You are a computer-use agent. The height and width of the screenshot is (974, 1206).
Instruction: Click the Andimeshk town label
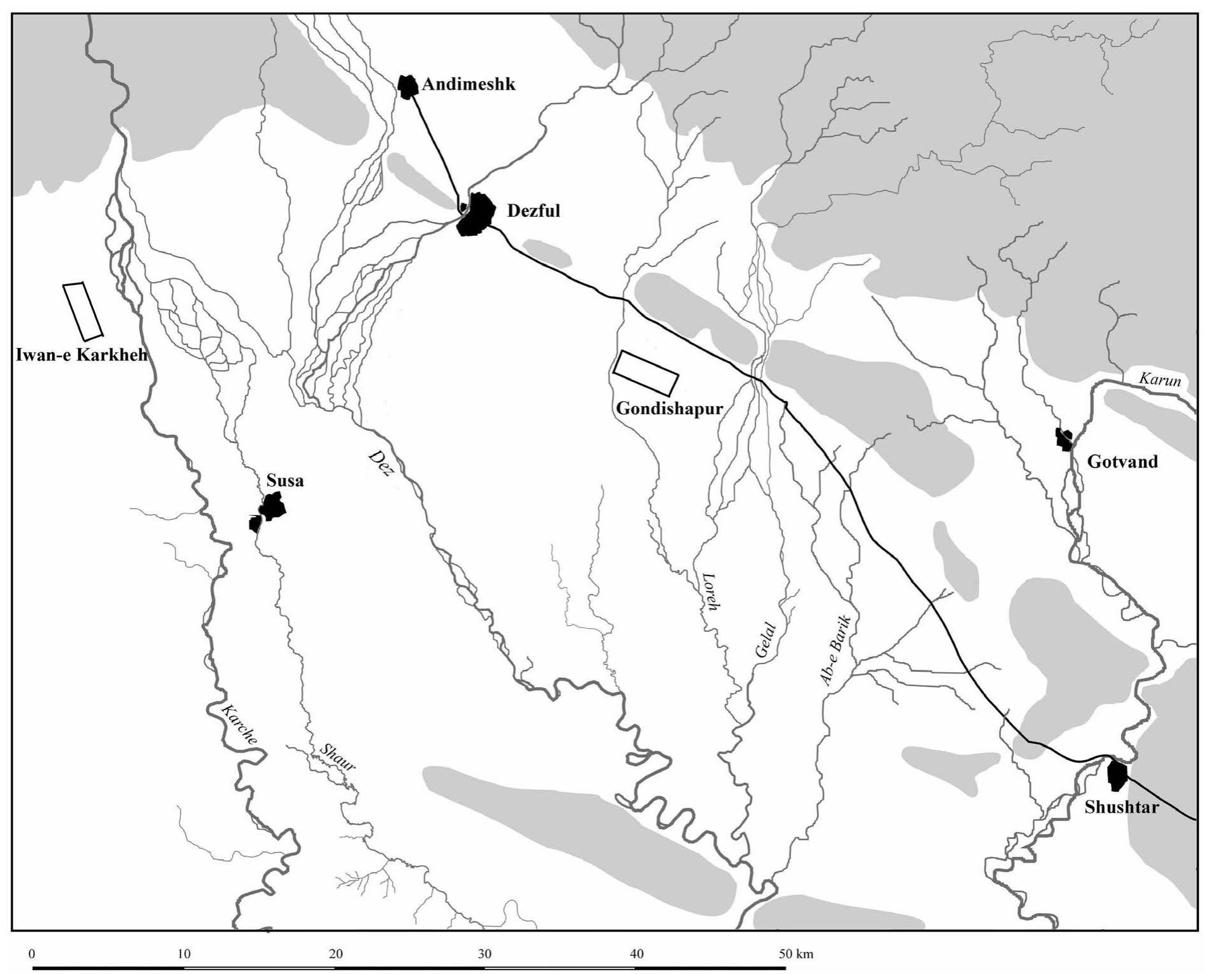point(468,84)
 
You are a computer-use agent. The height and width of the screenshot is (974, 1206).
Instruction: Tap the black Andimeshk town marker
point(407,87)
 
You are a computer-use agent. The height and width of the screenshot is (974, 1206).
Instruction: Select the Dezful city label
point(533,211)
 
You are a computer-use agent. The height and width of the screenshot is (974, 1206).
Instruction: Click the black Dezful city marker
point(477,214)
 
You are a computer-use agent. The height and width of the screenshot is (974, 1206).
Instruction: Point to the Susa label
point(285,481)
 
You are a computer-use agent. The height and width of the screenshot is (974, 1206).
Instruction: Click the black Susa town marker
point(272,508)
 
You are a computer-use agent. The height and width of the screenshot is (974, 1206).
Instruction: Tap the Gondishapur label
point(669,409)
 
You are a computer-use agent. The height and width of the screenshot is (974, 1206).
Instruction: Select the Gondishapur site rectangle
point(646,373)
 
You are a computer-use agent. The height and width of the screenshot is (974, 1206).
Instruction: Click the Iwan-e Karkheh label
point(81,354)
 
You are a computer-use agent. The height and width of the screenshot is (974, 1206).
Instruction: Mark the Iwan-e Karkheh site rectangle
point(83,311)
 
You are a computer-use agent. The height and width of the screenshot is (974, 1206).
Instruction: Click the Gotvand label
point(1122,462)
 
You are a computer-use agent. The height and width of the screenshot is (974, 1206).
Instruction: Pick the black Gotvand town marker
point(1064,439)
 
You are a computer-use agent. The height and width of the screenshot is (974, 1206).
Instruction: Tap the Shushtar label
point(1121,807)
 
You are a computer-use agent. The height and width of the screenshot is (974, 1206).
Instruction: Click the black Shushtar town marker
point(1117,775)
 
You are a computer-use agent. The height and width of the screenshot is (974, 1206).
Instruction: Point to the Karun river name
point(1160,380)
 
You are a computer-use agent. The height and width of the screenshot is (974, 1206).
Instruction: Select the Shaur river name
point(337,757)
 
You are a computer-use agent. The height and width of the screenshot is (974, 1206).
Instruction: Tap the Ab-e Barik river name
point(836,650)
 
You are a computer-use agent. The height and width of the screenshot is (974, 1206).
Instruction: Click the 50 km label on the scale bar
point(796,954)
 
